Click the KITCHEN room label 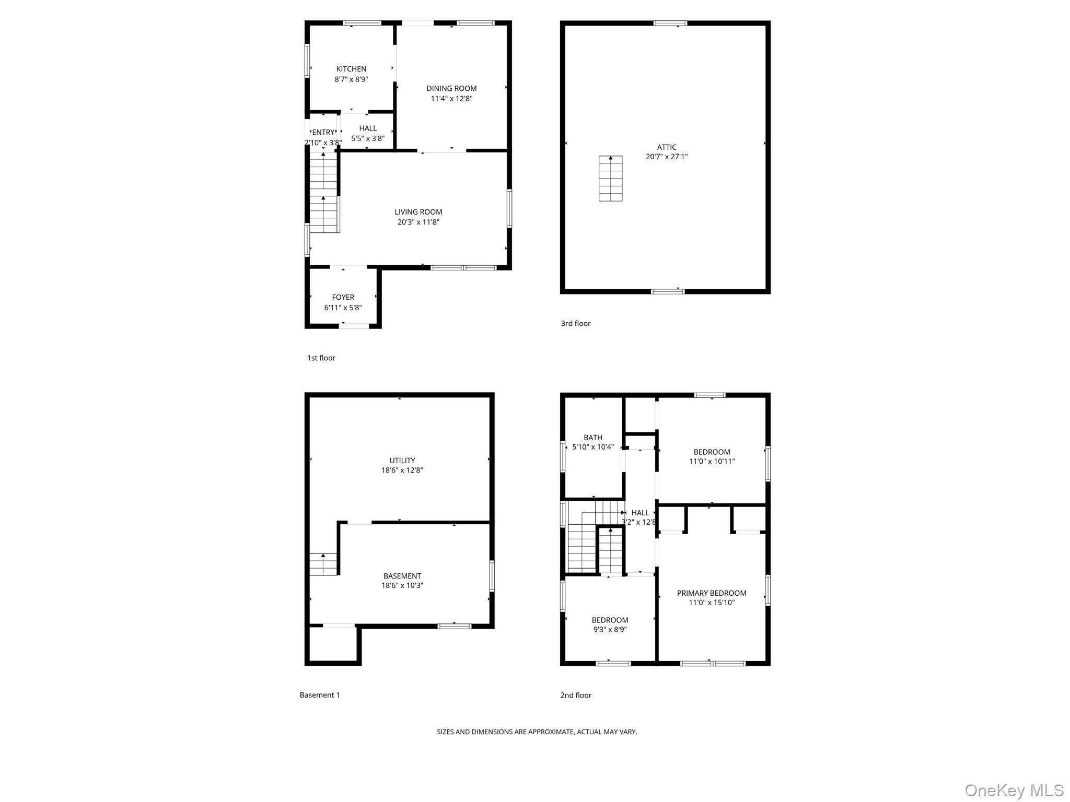tap(351, 69)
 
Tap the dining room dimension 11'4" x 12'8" tap(451, 99)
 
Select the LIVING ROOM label tap(418, 212)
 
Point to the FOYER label tap(343, 298)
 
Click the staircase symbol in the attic tap(610, 179)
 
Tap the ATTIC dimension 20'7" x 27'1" tap(667, 157)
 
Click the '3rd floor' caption tap(575, 324)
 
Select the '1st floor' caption tap(321, 358)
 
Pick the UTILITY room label tap(402, 461)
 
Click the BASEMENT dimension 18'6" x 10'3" tap(402, 586)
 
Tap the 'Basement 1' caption tap(319, 695)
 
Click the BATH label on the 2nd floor tap(593, 438)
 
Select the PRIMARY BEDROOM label tap(712, 593)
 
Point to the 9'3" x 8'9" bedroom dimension tap(610, 630)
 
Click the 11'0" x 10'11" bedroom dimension tap(712, 462)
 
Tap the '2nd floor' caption tap(576, 695)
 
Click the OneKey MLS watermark tap(1014, 791)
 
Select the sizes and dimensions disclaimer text tap(537, 732)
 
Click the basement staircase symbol tap(323, 564)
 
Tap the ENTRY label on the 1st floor tap(323, 133)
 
